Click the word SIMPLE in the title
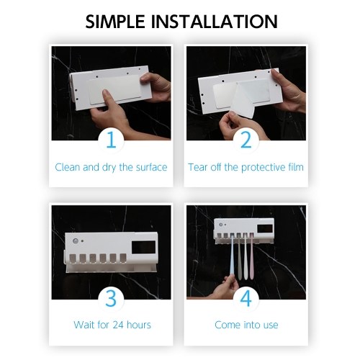pos(115,22)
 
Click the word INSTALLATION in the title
pos(215,22)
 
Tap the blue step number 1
pos(111,140)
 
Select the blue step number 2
pos(246,140)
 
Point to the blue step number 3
pos(111,299)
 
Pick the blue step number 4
pos(246,299)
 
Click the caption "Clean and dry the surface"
pos(111,167)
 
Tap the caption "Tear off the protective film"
pos(246,167)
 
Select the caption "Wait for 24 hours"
pos(112,325)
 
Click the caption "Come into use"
pos(246,325)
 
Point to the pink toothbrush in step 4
pos(251,257)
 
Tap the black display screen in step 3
pos(143,248)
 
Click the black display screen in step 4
pos(265,228)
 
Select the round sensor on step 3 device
pos(76,241)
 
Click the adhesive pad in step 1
pos(114,89)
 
